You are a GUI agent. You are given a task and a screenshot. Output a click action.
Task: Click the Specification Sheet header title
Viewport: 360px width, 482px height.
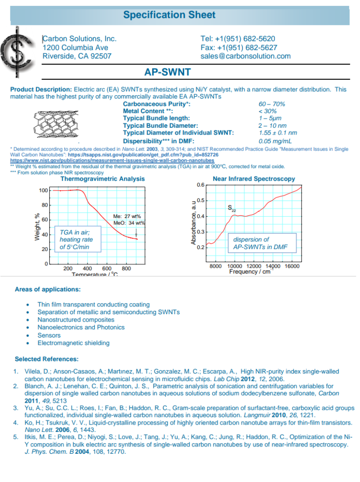pos(170,15)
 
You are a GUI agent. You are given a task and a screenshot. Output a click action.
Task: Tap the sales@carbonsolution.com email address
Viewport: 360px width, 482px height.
pos(245,56)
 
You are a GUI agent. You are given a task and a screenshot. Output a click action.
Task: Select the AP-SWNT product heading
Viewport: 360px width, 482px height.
pos(167,72)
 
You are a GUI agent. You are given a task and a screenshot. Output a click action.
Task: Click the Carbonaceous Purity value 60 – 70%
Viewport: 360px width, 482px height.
pos(272,104)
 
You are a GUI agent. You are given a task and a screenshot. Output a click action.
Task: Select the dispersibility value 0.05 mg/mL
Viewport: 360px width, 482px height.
pos(275,141)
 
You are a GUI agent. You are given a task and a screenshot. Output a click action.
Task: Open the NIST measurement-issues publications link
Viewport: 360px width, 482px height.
pos(112,161)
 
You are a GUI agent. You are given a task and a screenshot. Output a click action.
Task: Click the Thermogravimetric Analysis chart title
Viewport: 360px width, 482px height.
pos(103,179)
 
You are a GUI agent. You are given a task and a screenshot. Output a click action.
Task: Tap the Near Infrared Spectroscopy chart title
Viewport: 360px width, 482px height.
pos(254,179)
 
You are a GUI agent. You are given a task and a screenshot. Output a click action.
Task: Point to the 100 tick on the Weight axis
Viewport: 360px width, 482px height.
pos(43,190)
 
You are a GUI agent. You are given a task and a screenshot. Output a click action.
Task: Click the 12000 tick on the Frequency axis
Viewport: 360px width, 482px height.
pos(254,266)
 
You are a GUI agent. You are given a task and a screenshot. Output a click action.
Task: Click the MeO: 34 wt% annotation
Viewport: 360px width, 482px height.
pos(129,223)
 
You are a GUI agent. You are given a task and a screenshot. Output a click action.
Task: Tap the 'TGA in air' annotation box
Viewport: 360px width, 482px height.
pos(77,239)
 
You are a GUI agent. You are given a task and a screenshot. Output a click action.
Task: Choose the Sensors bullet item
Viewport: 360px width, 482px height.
pos(49,335)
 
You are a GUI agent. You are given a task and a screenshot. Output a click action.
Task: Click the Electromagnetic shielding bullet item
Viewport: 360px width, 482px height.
pos(73,343)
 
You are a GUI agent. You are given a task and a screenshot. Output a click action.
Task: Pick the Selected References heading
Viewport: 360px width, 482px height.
pos(46,359)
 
